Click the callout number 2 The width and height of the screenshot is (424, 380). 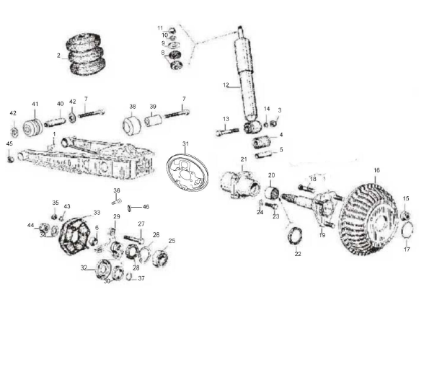tap(58, 55)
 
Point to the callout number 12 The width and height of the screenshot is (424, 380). tap(226, 85)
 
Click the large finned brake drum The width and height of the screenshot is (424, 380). tap(368, 211)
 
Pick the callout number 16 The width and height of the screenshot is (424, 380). tap(376, 171)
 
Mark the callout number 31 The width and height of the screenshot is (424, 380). tap(185, 144)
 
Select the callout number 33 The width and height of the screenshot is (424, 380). tap(97, 213)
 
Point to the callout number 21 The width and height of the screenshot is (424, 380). tap(243, 159)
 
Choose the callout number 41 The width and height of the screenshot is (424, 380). tap(35, 105)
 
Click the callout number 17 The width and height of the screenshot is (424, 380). tap(407, 249)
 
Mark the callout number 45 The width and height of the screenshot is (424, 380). tap(9, 143)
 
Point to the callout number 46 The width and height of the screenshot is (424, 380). tap(146, 207)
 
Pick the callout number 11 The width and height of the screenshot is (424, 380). tap(160, 28)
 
